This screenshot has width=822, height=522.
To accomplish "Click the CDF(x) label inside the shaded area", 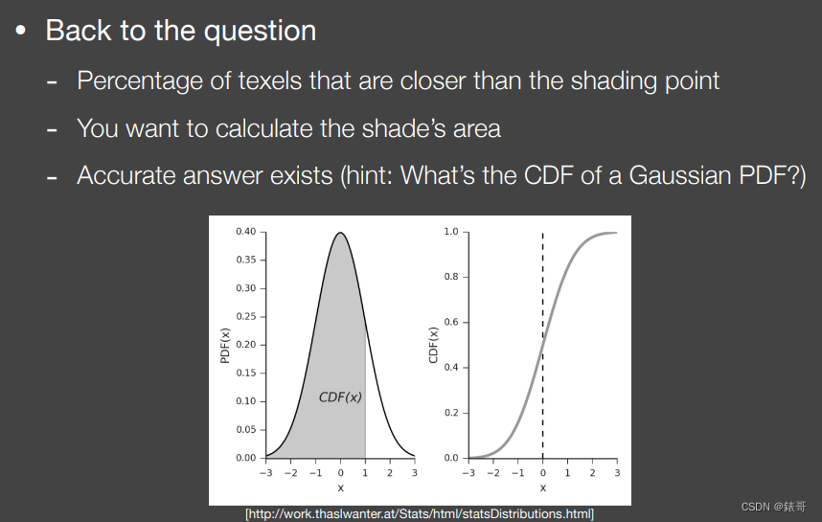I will pyautogui.click(x=340, y=397).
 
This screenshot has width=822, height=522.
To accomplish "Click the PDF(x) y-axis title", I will pyautogui.click(x=226, y=345).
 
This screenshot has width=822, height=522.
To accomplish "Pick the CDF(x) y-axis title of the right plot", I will pyautogui.click(x=433, y=345).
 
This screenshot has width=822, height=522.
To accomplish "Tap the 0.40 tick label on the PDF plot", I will pyautogui.click(x=246, y=232).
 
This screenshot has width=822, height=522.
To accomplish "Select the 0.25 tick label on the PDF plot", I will pyautogui.click(x=246, y=316).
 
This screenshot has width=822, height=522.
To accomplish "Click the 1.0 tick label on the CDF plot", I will pyautogui.click(x=451, y=232).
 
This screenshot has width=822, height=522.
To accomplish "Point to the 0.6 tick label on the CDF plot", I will pyautogui.click(x=451, y=322).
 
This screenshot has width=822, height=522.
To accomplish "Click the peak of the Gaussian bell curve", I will pyautogui.click(x=340, y=233).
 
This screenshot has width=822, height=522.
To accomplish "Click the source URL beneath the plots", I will pyautogui.click(x=420, y=514).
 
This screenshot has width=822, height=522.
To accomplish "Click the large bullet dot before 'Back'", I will pyautogui.click(x=21, y=31).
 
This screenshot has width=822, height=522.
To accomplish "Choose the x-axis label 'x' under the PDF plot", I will pyautogui.click(x=340, y=488).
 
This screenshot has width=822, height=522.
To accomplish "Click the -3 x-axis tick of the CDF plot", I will pyautogui.click(x=468, y=473).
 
